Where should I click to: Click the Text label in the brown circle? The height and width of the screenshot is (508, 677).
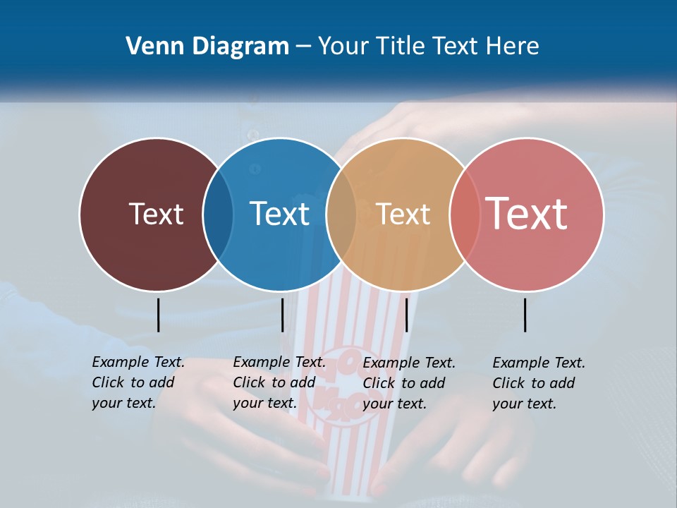click(156, 214)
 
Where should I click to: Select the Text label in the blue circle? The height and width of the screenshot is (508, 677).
click(279, 214)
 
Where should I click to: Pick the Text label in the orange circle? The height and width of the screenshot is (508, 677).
click(403, 214)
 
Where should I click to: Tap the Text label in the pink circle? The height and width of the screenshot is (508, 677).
click(526, 214)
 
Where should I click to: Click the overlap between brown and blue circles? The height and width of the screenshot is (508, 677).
click(218, 214)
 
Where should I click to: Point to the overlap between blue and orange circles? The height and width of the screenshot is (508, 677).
click(341, 214)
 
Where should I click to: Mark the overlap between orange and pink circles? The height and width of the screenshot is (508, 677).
click(464, 214)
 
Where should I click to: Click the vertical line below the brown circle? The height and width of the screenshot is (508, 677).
click(158, 315)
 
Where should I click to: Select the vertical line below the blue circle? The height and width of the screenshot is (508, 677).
click(282, 315)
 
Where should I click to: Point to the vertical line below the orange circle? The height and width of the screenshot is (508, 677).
click(407, 315)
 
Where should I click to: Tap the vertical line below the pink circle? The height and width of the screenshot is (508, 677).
click(525, 315)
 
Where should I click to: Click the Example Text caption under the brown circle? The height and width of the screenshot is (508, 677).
click(138, 382)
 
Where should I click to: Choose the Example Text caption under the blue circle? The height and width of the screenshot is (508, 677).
click(279, 382)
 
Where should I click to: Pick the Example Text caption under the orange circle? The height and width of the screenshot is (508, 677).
click(408, 382)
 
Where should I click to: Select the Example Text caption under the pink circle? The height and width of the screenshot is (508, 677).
click(538, 382)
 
